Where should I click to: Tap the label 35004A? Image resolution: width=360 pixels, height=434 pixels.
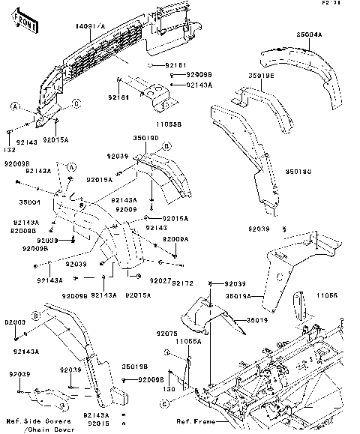pos(308,34)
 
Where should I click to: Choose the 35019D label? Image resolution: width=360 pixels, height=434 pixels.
pos(145,138)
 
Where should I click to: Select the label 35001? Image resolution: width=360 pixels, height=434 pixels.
pos(29,202)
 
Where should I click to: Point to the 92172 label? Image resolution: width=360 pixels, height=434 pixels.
pos(183,283)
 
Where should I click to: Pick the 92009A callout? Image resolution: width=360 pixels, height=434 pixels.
pos(176,238)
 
